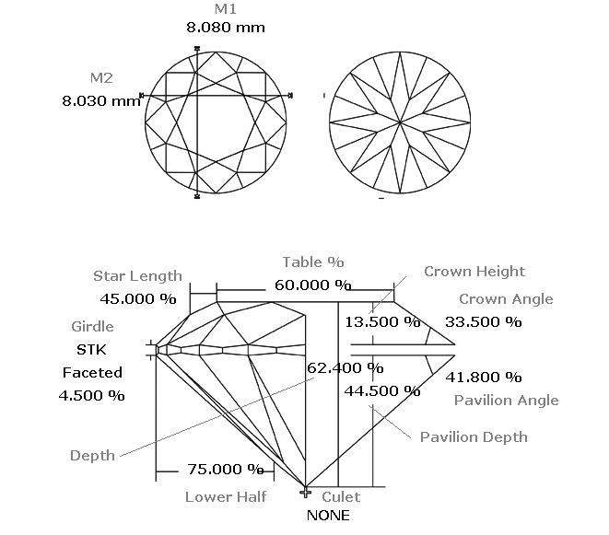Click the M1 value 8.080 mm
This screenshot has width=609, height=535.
[x=226, y=28]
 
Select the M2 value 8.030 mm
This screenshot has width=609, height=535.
[x=101, y=101]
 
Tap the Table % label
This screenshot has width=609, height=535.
[x=313, y=262]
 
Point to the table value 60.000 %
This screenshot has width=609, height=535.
[x=313, y=285]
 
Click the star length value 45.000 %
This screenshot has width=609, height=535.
[x=138, y=299]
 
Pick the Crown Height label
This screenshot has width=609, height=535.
[x=474, y=272]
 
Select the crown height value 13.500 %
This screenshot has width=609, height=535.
[x=382, y=322]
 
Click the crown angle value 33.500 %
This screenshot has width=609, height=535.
[x=483, y=322]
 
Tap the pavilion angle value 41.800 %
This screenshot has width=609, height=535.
[x=483, y=377]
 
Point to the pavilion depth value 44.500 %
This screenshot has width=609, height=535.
[x=382, y=391]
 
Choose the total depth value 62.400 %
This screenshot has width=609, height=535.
[x=345, y=367]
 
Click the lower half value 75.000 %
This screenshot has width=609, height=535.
[x=226, y=470]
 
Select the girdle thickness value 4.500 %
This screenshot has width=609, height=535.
[x=91, y=396]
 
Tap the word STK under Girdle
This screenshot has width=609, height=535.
[x=91, y=350]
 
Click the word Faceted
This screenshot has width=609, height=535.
[x=92, y=373]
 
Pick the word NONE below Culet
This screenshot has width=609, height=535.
[x=328, y=516]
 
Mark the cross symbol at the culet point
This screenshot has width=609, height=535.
[x=306, y=493]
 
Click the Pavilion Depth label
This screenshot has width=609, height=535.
[x=474, y=437]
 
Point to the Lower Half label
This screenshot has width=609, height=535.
[x=226, y=497]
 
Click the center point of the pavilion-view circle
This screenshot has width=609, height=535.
[x=400, y=122]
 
